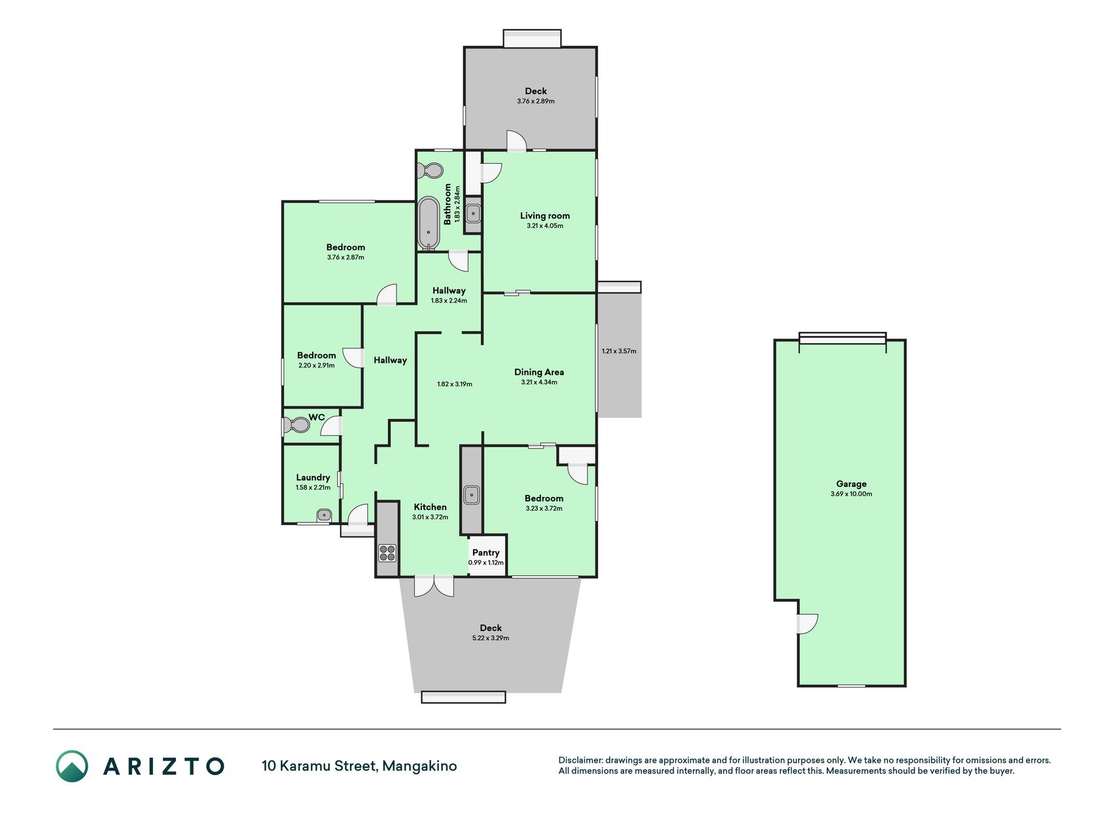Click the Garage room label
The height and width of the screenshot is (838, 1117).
coord(851,484)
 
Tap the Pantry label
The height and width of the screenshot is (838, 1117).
coord(486,553)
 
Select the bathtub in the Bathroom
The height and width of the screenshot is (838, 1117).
coord(429,223)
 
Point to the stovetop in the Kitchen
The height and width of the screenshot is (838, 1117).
coord(387,553)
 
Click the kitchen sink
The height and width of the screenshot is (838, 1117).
coord(472,495)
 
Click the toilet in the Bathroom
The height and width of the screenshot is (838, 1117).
coord(431,172)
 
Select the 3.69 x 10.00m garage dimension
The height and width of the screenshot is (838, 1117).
coord(851,494)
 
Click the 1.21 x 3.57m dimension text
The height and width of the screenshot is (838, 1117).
coord(618,351)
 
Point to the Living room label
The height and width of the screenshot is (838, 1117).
coord(544,215)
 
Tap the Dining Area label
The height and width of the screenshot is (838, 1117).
coord(539,372)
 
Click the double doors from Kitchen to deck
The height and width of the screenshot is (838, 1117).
coord(434,586)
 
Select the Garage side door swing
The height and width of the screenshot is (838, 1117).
coord(807,624)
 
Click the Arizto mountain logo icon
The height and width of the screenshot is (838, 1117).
coord(72,766)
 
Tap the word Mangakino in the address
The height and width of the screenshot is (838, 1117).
coord(419,766)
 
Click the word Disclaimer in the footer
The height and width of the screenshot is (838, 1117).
coord(580,760)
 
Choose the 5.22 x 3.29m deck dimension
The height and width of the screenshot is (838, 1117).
coord(490,638)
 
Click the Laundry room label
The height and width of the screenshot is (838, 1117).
coord(313,477)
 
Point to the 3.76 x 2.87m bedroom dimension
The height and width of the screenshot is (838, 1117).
coord(346,257)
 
